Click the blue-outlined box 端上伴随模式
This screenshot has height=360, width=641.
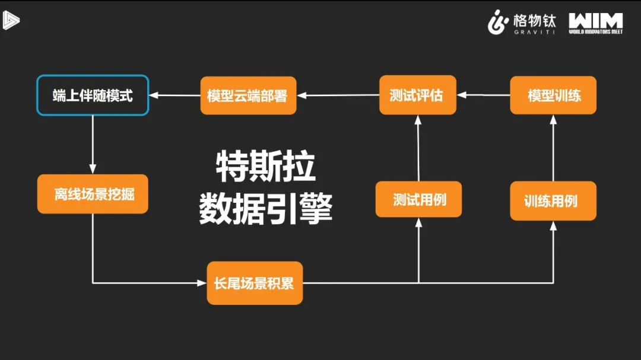[x=93, y=95]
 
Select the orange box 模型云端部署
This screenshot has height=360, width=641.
[x=247, y=95]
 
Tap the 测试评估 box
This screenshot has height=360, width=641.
[x=418, y=95]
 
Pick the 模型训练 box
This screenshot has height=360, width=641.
[x=553, y=95]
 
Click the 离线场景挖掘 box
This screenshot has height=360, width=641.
[x=93, y=194]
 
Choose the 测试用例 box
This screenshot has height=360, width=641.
[x=418, y=199]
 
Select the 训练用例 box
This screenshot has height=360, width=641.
[x=553, y=200]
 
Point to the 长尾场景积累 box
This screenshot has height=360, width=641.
[x=254, y=283]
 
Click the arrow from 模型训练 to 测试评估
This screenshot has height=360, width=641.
[x=483, y=95]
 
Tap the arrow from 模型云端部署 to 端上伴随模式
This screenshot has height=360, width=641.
[x=174, y=95]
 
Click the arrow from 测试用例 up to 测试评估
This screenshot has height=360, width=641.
[x=418, y=148]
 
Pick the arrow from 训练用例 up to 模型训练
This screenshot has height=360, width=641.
[x=553, y=148]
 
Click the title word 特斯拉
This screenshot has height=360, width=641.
[x=265, y=168]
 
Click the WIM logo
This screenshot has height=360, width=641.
[x=595, y=23]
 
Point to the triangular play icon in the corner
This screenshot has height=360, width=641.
[x=10, y=20]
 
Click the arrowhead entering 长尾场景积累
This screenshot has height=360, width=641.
[x=202, y=283]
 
